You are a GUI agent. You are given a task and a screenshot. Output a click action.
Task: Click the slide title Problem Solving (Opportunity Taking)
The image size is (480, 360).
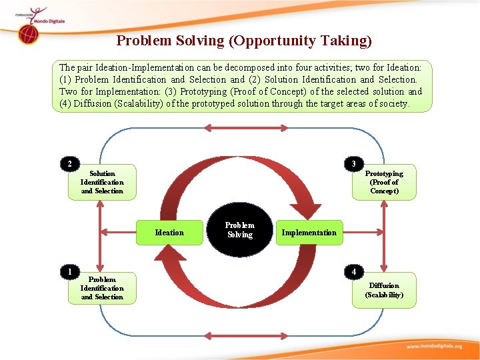click(244, 41)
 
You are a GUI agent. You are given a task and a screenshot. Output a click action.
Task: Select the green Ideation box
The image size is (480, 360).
click(169, 233)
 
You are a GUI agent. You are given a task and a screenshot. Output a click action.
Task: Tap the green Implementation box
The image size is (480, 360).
click(309, 233)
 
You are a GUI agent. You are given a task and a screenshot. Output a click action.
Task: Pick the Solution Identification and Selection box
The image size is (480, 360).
click(102, 182)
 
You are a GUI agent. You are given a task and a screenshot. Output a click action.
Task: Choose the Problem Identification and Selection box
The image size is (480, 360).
click(102, 288)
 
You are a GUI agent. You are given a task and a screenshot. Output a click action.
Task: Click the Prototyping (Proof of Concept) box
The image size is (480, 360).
click(384, 182)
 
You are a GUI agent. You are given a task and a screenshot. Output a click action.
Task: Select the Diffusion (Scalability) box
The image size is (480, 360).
click(384, 290)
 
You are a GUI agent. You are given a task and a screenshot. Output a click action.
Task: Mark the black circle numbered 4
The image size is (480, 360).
click(354, 271)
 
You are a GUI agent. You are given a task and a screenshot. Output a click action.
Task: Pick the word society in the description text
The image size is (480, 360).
click(393, 103)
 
